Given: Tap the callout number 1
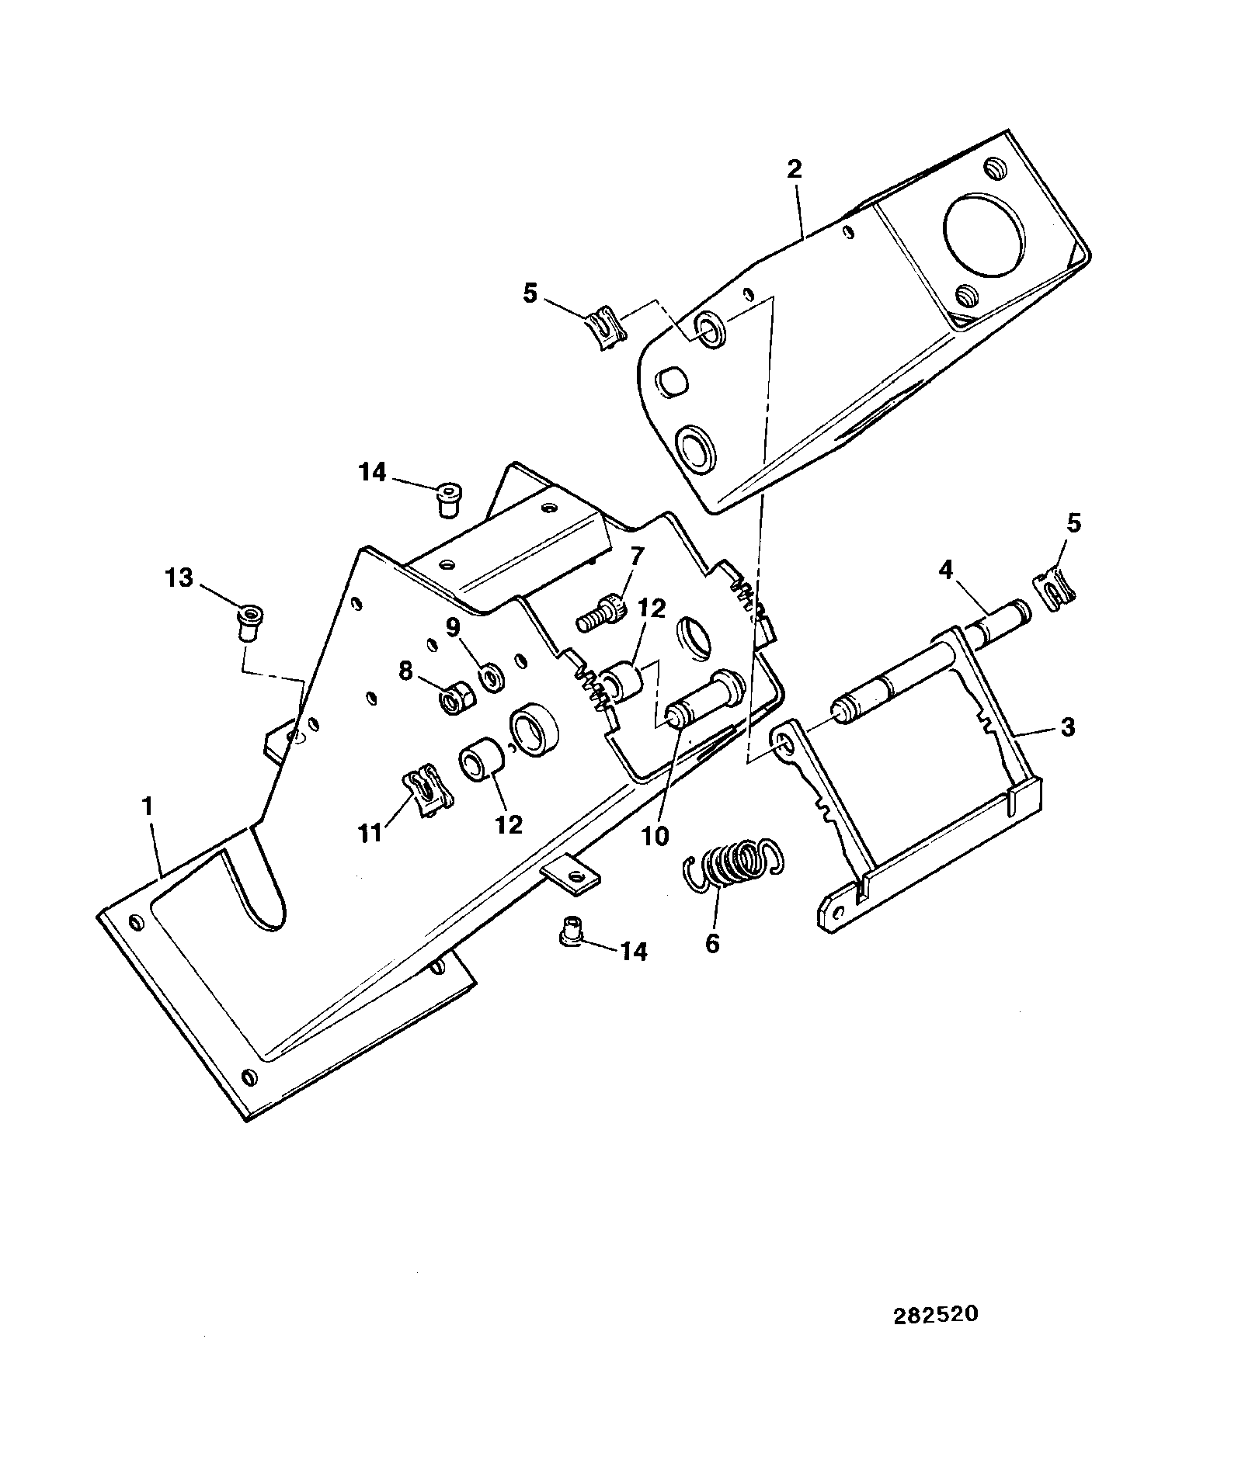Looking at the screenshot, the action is [x=147, y=807].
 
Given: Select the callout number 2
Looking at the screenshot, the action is [x=794, y=170].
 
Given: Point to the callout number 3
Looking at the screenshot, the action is [x=1068, y=727].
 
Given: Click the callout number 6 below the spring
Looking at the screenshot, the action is [x=712, y=943].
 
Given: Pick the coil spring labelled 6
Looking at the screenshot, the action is [x=734, y=862].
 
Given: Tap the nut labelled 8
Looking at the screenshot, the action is [x=453, y=698].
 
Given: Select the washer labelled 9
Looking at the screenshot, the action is [x=491, y=675].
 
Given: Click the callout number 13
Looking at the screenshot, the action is [x=179, y=578].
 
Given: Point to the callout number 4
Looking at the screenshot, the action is [x=945, y=571].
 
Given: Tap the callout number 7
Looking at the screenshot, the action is [x=637, y=556].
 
